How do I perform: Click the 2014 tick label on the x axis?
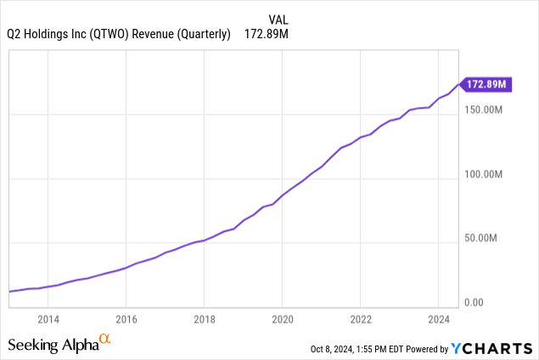(x=48, y=319)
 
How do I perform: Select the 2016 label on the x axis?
(x=126, y=319)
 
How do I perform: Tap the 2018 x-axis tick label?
(x=204, y=319)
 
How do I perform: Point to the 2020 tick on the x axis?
(x=282, y=319)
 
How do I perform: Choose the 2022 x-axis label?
(x=360, y=319)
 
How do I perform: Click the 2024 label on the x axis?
(x=437, y=319)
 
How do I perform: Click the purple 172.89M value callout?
(x=487, y=84)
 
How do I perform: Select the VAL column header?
(x=278, y=18)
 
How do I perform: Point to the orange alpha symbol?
(x=105, y=340)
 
